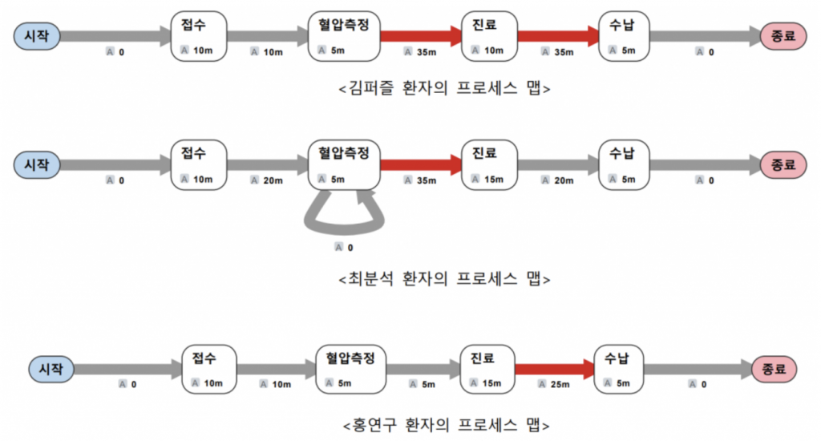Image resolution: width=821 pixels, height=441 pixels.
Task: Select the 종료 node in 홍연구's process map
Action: click(x=775, y=370)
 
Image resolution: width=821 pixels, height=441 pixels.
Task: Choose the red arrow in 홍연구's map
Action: click(x=553, y=370)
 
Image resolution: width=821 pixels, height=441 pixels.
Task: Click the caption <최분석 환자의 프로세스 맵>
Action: click(x=444, y=279)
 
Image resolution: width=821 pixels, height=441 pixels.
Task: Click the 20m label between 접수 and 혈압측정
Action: click(x=273, y=180)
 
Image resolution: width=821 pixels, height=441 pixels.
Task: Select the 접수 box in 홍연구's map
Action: click(x=209, y=370)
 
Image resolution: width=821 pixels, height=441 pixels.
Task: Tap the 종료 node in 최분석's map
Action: click(x=782, y=165)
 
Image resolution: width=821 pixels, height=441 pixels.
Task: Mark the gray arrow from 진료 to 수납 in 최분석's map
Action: click(x=558, y=165)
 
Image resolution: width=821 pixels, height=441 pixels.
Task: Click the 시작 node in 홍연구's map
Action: click(x=51, y=370)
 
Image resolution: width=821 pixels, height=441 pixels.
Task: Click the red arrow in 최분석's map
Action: click(x=420, y=165)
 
